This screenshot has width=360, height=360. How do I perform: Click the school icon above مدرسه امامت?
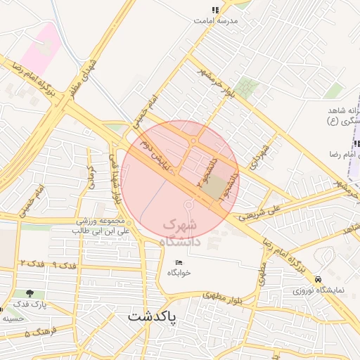(x=215, y=10)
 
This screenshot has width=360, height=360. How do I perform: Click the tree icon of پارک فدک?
(x=29, y=293)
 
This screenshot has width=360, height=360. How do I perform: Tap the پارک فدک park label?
(x=29, y=304)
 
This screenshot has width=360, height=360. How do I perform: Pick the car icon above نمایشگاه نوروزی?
(x=319, y=278)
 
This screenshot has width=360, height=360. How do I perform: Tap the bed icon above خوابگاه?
(x=179, y=262)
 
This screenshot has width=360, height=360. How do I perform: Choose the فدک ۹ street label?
(x=63, y=264)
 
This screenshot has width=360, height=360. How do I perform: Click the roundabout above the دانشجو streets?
(x=193, y=143)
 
